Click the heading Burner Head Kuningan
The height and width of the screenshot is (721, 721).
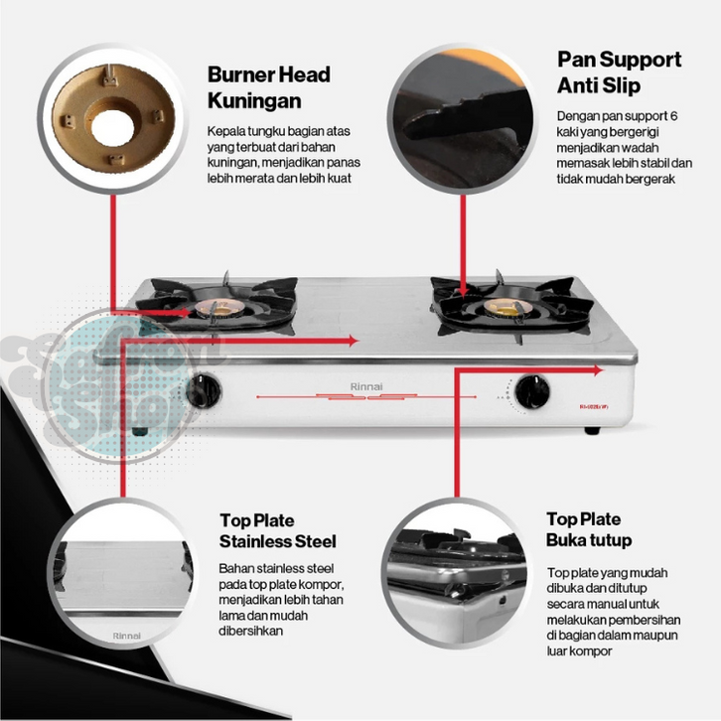point(268,87)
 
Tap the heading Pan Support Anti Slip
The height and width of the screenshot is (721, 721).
point(619,72)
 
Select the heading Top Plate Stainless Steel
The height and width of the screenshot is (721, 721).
point(277,531)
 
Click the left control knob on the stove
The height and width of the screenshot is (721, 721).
point(209,389)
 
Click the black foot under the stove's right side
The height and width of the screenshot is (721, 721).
point(592,430)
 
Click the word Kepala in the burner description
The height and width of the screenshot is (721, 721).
point(223,131)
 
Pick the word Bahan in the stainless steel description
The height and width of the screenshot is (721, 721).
point(234,568)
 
